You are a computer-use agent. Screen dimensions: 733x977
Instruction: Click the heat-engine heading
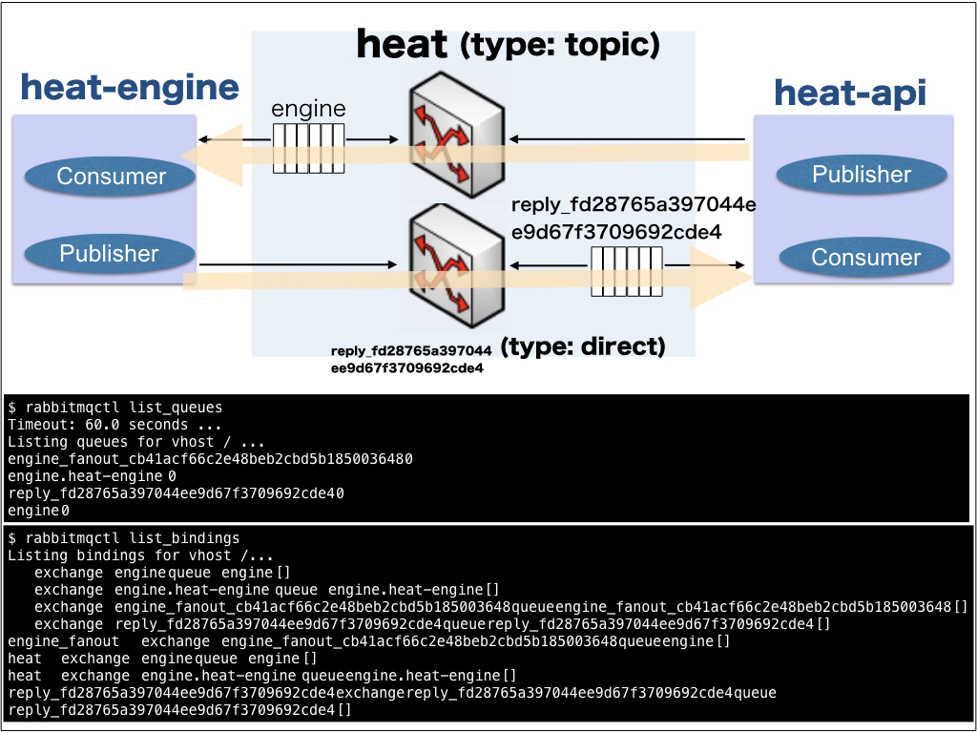130,88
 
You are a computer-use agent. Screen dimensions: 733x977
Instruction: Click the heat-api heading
849,93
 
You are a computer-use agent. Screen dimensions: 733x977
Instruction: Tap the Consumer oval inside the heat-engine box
111,176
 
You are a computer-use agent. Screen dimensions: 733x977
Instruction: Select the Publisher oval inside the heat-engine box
109,253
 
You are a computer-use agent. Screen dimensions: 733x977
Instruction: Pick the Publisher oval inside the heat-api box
862,175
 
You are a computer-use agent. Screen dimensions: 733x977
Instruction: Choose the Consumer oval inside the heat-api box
865,257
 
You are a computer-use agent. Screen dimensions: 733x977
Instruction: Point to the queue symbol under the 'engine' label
308,149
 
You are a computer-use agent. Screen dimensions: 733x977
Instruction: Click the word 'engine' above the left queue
308,109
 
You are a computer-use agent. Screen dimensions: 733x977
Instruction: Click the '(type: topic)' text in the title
559,44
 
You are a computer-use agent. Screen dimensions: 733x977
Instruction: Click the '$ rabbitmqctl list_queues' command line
114,408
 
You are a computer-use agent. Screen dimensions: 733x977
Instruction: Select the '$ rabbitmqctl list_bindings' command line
123,538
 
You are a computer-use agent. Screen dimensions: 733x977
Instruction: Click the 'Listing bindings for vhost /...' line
140,555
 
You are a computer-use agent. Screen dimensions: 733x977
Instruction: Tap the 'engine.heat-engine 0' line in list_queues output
92,476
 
